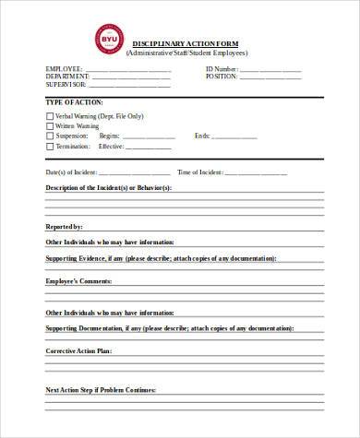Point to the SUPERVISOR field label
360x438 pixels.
click(x=66, y=84)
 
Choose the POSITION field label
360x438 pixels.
click(x=222, y=77)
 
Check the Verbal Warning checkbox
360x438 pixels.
click(x=50, y=116)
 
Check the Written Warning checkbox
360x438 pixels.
click(x=50, y=126)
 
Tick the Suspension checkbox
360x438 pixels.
click(x=50, y=136)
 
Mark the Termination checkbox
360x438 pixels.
click(x=50, y=147)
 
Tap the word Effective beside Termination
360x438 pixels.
click(x=111, y=147)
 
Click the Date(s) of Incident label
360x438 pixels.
click(x=71, y=172)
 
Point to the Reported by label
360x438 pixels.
click(x=65, y=226)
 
